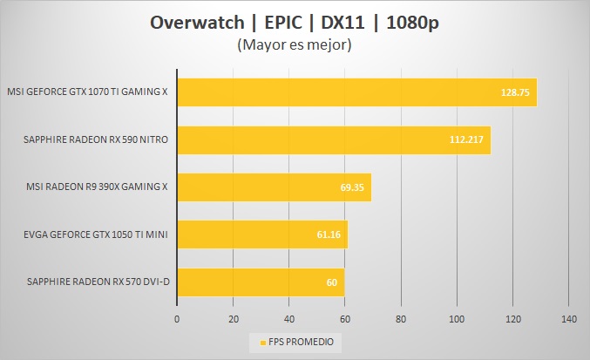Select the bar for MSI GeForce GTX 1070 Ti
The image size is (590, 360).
coord(356,92)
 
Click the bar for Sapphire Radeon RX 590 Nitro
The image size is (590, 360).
coord(333,139)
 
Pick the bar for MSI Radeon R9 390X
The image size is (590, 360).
coord(274,187)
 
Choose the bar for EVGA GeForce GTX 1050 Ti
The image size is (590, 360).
coord(262,234)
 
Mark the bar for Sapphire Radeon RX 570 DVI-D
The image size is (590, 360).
coord(261,282)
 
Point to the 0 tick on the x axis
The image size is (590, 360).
coord(177,319)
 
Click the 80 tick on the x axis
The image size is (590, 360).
coord(401,319)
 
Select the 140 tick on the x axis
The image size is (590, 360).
coord(568,319)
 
